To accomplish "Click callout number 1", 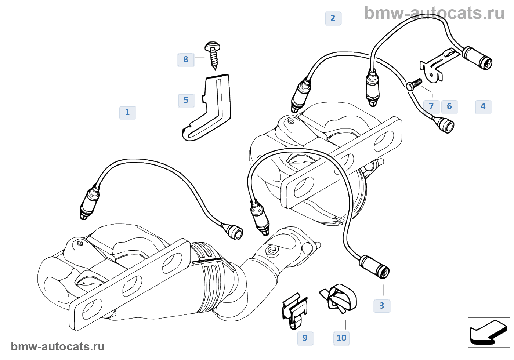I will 127,113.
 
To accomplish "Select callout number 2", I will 333,18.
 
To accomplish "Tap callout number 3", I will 382,306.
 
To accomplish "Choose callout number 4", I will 483,107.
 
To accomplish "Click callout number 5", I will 186,101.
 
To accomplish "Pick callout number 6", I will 449,107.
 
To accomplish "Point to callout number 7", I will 431,107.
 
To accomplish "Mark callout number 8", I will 186,60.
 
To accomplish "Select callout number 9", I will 305,338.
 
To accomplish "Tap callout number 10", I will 341,338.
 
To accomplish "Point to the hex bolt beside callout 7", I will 414,85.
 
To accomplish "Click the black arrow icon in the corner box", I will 488,332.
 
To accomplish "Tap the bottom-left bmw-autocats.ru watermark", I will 58,347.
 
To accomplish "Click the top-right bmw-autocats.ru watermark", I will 434,14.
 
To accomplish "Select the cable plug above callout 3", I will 374,266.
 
